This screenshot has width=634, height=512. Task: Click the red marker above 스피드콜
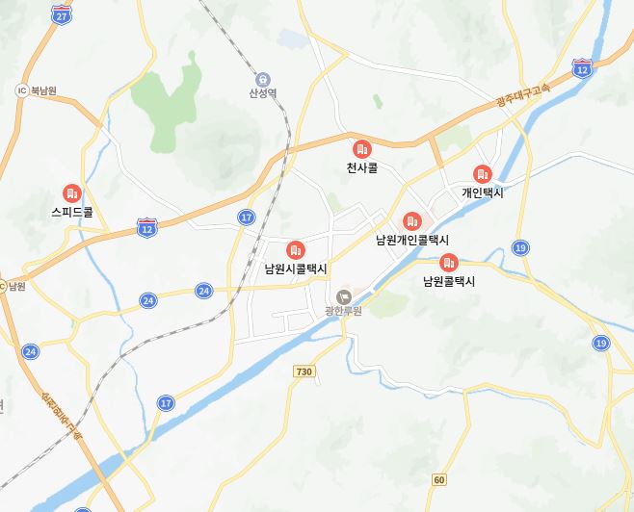pos(70,192)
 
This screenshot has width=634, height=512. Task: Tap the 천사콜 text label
pos(362,167)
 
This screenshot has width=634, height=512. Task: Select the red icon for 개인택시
pos(482,174)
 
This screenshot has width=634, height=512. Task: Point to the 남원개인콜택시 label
pos(412,240)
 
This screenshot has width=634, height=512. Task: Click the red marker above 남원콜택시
pos(448,263)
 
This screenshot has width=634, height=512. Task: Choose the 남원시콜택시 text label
pos(296,269)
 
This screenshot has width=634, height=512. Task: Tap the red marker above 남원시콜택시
pos(296,249)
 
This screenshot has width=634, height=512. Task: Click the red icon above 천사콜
pos(362,148)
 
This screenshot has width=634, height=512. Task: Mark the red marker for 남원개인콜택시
pos(412,221)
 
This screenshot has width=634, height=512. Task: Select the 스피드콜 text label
pos(72,212)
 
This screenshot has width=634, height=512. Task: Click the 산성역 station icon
pos(263,78)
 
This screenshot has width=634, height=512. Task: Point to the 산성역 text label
pos(263,93)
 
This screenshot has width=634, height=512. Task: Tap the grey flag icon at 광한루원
pos(344,294)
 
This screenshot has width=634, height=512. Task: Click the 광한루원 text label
pos(344,310)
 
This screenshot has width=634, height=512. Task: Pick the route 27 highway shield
pos(62,16)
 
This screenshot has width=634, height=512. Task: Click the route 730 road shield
pos(304,371)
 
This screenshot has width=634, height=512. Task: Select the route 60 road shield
pos(439,479)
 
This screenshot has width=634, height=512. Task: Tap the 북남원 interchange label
pos(43,90)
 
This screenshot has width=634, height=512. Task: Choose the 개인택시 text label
pos(482,192)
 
